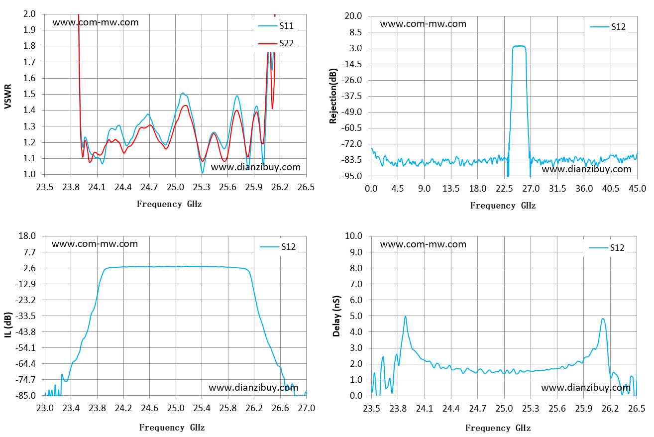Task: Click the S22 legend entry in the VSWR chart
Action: pyautogui.click(x=276, y=43)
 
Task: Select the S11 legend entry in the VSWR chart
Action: pyautogui.click(x=276, y=26)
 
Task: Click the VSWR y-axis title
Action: pyautogui.click(x=8, y=97)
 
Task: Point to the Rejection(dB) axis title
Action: pyautogui.click(x=333, y=96)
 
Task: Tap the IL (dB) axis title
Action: pyautogui.click(x=8, y=325)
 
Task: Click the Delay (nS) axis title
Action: pyautogui.click(x=336, y=316)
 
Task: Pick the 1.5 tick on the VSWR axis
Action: pyautogui.click(x=29, y=94)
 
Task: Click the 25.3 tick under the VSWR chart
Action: pyautogui.click(x=202, y=187)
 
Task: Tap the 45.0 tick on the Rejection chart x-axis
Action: pyautogui.click(x=637, y=189)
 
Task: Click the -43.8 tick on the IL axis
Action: pyautogui.click(x=25, y=332)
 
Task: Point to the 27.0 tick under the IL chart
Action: pyautogui.click(x=306, y=408)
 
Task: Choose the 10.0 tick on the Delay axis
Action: pyautogui.click(x=353, y=236)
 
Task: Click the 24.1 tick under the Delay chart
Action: pyautogui.click(x=425, y=409)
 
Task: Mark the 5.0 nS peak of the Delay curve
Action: pyautogui.click(x=405, y=316)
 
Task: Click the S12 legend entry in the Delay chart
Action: pyautogui.click(x=607, y=248)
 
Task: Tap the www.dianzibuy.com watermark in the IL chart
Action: pyautogui.click(x=253, y=388)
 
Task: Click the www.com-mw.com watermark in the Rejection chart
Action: pyautogui.click(x=423, y=24)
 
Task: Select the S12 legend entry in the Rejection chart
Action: pyautogui.click(x=608, y=27)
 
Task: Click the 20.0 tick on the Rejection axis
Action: pyautogui.click(x=353, y=16)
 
